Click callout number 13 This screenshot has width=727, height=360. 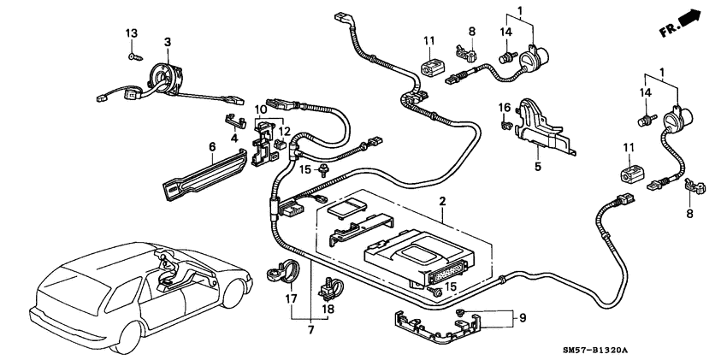pyautogui.click(x=132, y=32)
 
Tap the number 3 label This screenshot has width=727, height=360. pyautogui.click(x=168, y=42)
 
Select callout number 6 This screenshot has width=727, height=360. pyautogui.click(x=211, y=147)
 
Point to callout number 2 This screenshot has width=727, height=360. pyautogui.click(x=441, y=202)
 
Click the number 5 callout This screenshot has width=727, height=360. pyautogui.click(x=538, y=167)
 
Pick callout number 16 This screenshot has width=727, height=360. pyautogui.click(x=505, y=108)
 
